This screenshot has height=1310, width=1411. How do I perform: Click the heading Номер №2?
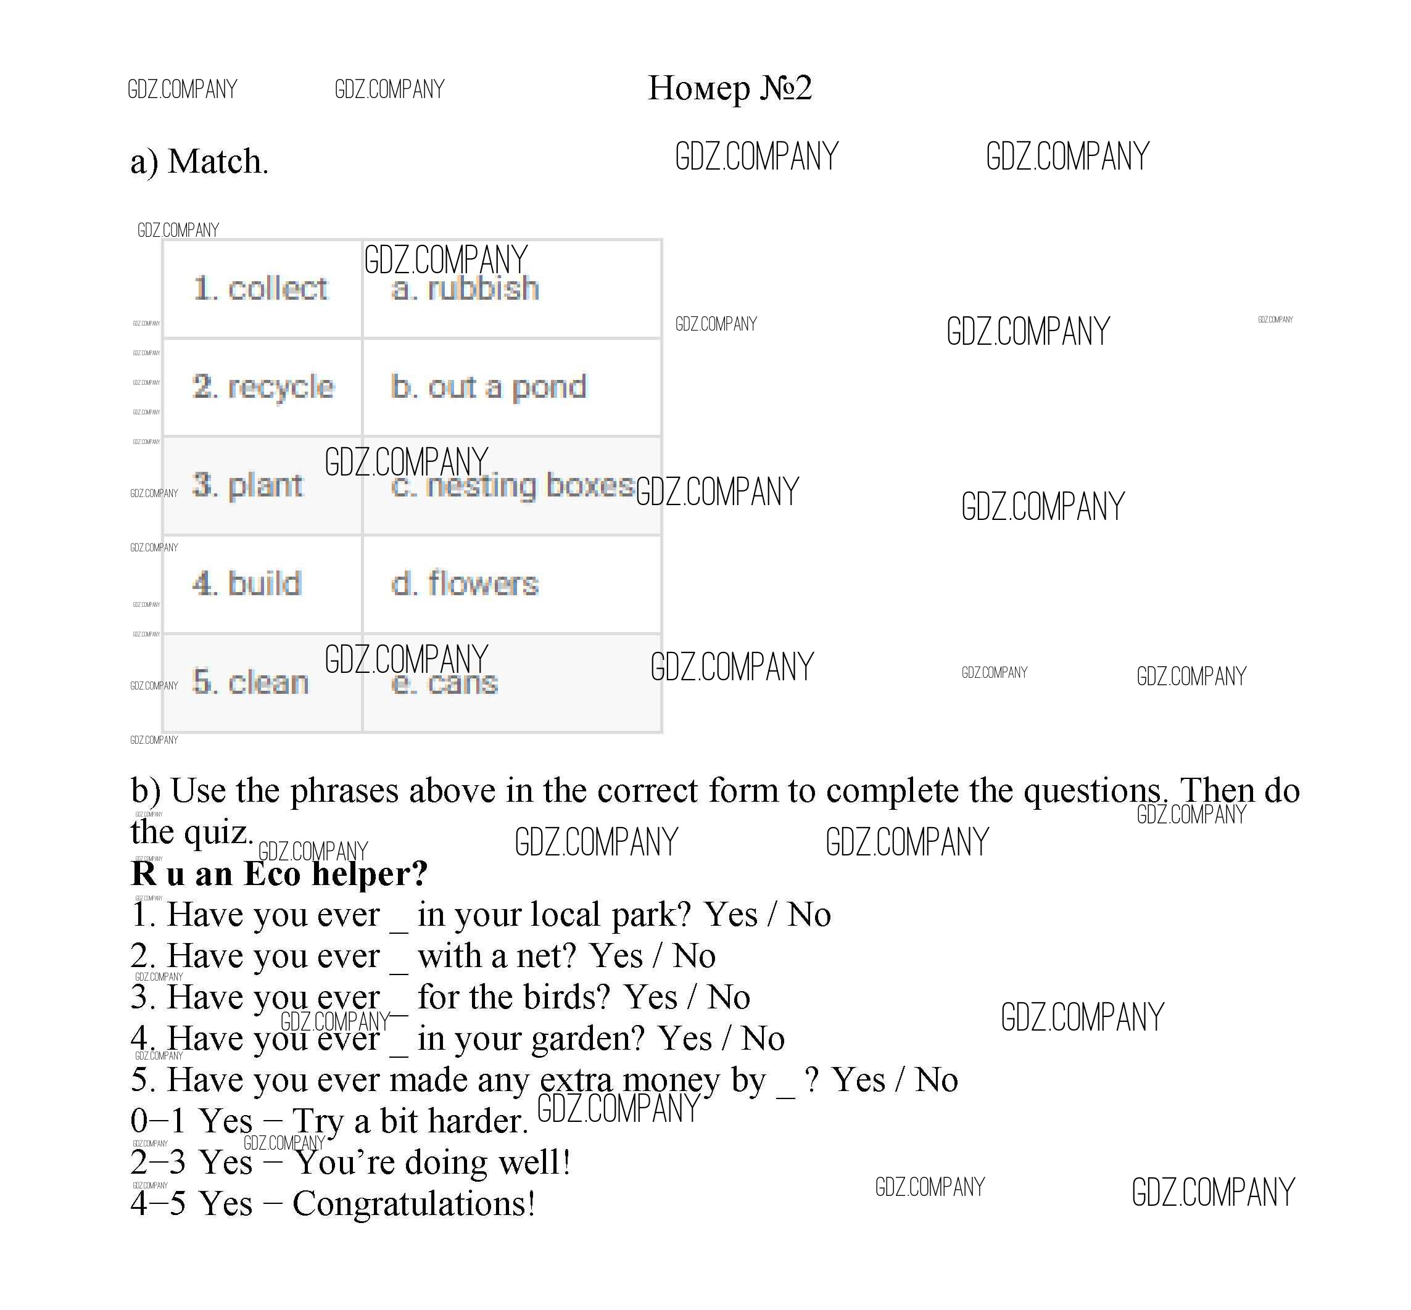coord(730,89)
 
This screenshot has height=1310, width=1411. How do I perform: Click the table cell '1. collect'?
coord(262,289)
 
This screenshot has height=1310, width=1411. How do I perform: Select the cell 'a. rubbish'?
coord(512,289)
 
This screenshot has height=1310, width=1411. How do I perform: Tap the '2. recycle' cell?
coord(262,387)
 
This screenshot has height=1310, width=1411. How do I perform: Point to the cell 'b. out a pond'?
coord(512,387)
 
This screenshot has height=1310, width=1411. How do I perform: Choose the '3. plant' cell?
coord(262,485)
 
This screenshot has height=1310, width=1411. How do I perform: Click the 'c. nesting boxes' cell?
coord(512,485)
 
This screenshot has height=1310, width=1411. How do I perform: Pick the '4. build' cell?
coord(262,584)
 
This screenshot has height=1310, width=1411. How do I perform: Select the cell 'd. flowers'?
coord(512,584)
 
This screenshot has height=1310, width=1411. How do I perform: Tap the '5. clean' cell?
coord(262,683)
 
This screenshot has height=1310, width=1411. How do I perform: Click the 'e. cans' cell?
coord(512,683)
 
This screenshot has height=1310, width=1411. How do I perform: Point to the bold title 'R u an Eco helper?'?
coord(279,873)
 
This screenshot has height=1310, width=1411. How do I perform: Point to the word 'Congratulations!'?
coord(413,1205)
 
